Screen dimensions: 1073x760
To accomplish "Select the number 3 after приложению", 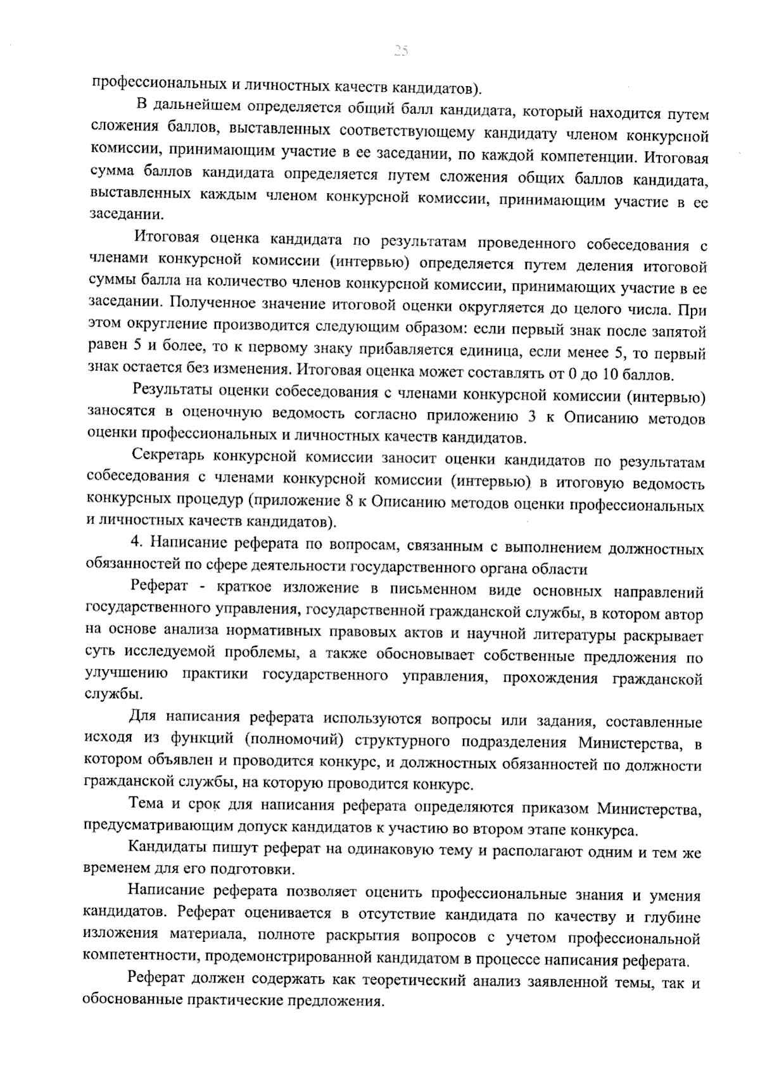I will (532, 416).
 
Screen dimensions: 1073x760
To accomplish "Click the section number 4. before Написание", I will (134, 544).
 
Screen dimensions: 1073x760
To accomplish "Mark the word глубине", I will (674, 916).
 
